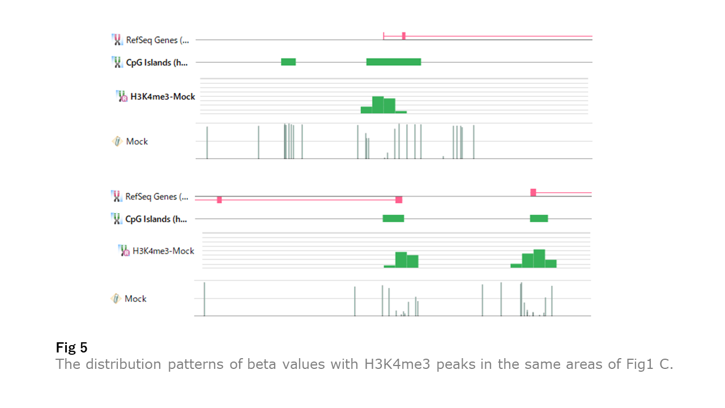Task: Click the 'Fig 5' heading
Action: [x=71, y=347]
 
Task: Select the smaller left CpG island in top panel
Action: [x=288, y=62]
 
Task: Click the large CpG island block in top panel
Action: [x=393, y=62]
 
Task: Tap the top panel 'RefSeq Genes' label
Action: [x=157, y=40]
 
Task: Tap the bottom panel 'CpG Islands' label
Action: [x=156, y=219]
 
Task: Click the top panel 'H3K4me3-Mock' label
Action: [x=163, y=97]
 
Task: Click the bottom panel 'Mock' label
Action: [x=135, y=299]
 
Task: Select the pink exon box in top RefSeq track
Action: [x=404, y=36]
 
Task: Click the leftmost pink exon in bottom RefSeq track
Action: [x=219, y=199]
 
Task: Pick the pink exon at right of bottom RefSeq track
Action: [x=533, y=193]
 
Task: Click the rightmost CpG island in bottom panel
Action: [x=539, y=219]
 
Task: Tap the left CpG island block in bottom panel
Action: [x=393, y=219]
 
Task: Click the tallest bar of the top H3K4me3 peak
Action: [x=378, y=105]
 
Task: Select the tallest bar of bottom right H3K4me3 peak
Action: [x=539, y=258]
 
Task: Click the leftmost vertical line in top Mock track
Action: [x=207, y=143]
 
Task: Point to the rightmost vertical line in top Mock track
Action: [x=474, y=142]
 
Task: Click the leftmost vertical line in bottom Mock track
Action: [x=204, y=299]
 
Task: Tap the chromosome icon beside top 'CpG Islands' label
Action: [x=117, y=62]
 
